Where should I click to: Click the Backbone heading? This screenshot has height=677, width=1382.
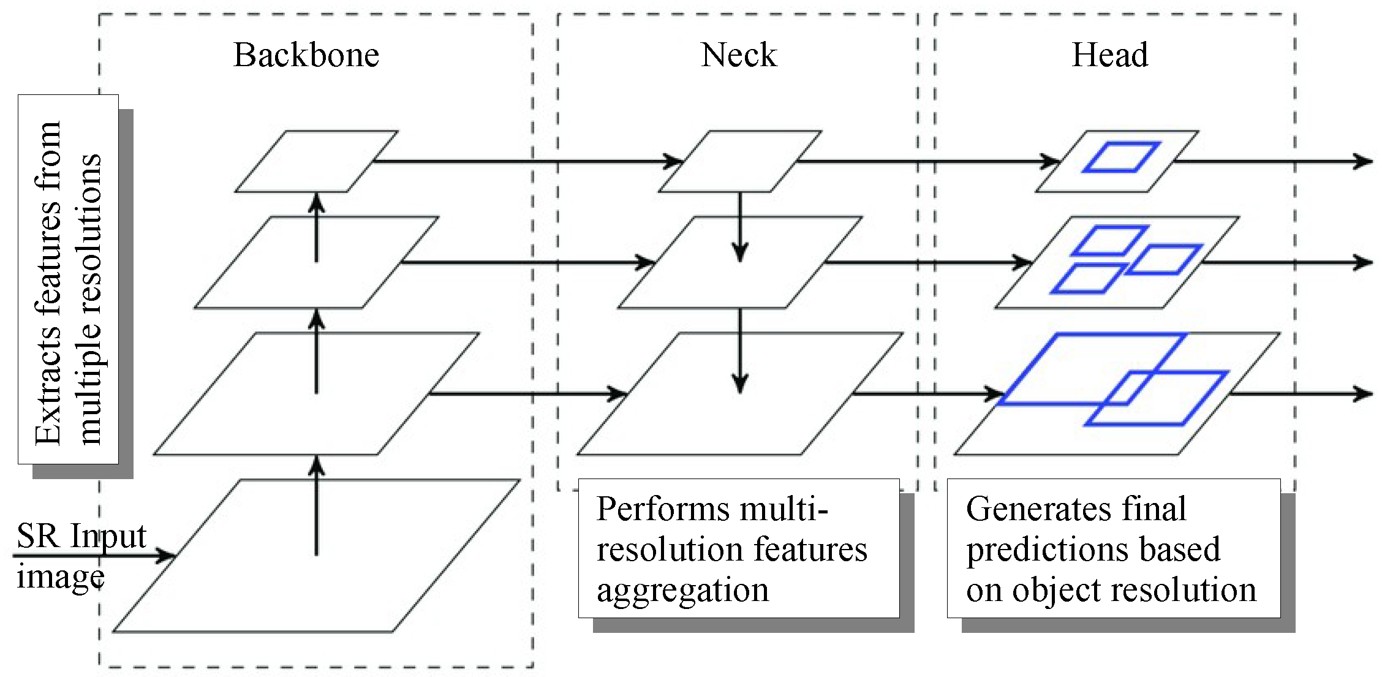point(306,55)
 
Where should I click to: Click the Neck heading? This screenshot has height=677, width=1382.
point(739,55)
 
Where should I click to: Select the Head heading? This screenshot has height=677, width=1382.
point(1109,55)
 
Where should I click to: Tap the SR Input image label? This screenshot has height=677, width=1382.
point(80,554)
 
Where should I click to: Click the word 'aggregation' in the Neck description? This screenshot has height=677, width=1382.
point(682,590)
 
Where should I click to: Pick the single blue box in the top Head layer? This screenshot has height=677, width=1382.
point(1122,157)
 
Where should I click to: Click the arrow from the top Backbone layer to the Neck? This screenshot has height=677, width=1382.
point(527,162)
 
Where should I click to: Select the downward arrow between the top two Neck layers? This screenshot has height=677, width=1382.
point(740,227)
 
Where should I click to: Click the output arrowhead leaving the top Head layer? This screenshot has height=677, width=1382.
point(1364,162)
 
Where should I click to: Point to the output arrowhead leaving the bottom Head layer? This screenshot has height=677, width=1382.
point(1364,393)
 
